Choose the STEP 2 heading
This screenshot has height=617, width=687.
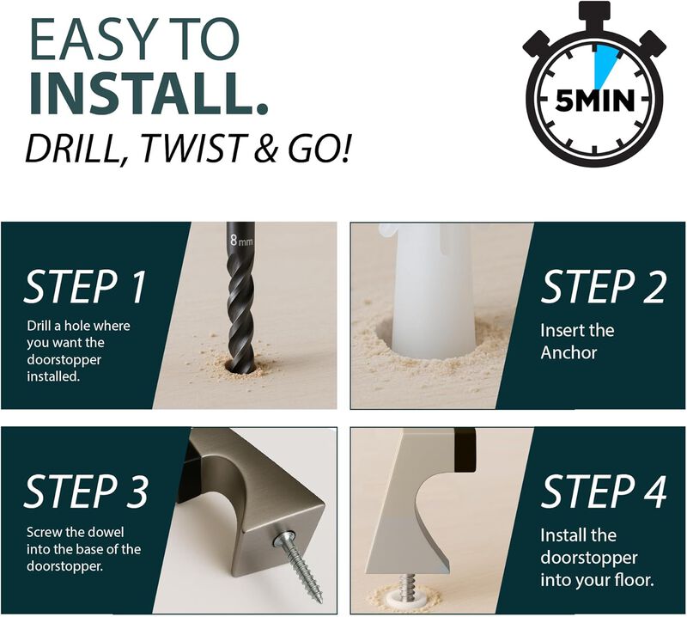click(603, 288)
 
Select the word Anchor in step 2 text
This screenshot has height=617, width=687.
click(570, 353)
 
